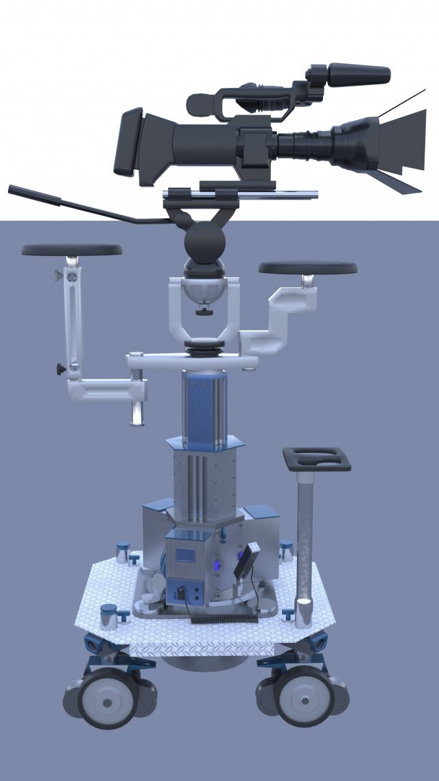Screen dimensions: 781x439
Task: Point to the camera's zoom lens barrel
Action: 305,144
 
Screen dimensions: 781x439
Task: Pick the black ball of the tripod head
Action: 204,243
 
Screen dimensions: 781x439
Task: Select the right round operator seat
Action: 308,268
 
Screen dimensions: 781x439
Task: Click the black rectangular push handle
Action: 316,458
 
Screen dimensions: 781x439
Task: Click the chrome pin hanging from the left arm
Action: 138,410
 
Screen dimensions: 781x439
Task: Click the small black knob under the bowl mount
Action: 202,312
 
